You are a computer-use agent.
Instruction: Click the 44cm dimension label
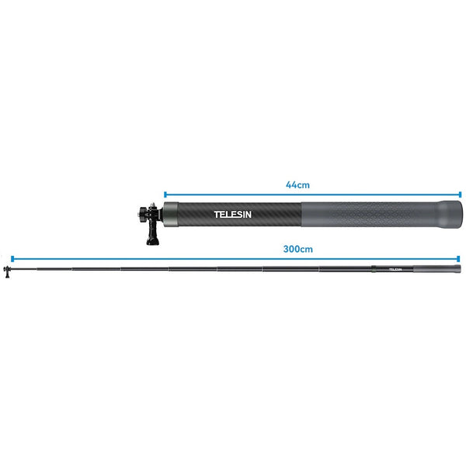298,185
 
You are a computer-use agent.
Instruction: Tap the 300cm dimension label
298,250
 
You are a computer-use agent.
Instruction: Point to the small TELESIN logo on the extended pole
395,270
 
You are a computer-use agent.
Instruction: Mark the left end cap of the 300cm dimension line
11,258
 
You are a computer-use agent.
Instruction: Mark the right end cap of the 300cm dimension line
458,258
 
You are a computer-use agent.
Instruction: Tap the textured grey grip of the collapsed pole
365,212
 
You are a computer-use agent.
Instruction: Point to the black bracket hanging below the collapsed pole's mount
150,233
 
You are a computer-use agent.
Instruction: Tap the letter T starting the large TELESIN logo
217,213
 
